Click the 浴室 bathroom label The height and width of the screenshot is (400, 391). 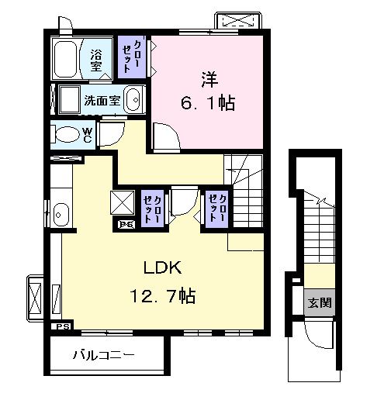tap(97, 60)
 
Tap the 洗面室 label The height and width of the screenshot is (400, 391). tap(102, 99)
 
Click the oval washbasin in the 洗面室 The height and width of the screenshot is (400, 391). tap(133, 100)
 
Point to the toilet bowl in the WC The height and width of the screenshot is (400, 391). tap(69, 135)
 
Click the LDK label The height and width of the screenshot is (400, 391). tap(161, 269)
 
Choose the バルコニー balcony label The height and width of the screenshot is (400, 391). tap(104, 357)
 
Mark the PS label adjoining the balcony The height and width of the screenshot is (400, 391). tap(61, 327)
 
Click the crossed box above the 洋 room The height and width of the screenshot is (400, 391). tap(240, 19)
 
